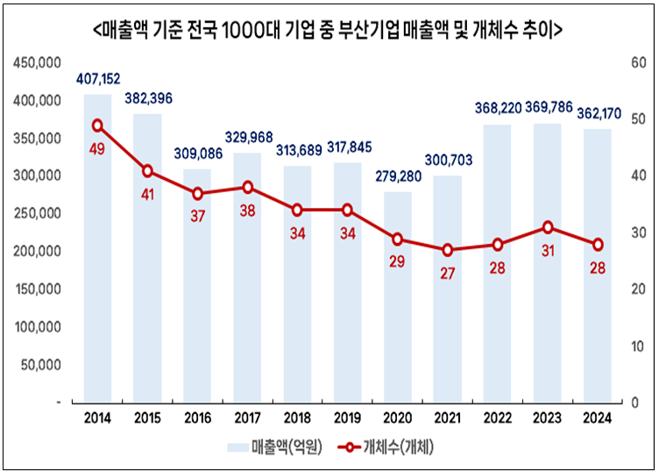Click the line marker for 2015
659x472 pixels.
point(148,171)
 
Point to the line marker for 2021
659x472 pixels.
point(448,250)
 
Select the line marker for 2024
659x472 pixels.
point(598,245)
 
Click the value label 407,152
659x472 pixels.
point(97,80)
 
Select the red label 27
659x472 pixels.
point(448,273)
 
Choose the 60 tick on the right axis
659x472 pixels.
point(637,63)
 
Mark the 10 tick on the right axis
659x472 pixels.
point(636,346)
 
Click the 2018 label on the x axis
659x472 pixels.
point(298,418)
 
